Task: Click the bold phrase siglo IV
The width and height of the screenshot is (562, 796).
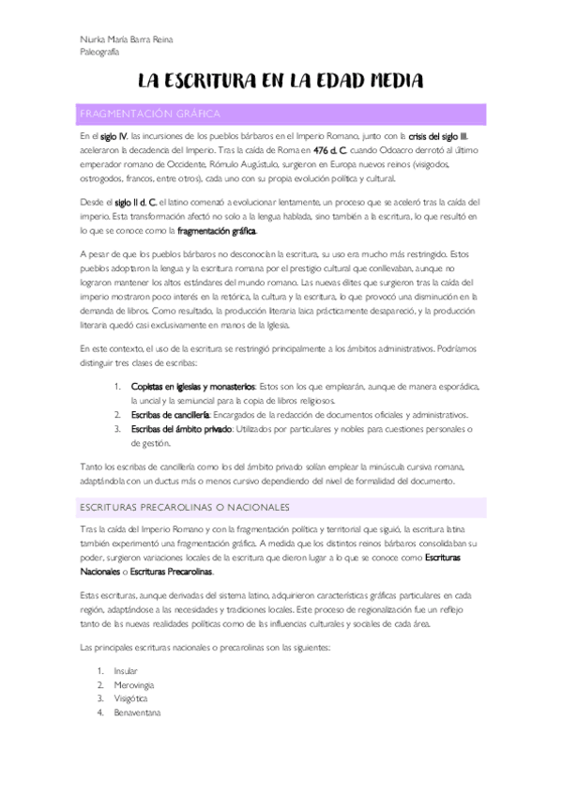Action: pyautogui.click(x=113, y=136)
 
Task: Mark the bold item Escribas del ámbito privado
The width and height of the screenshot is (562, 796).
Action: pyautogui.click(x=182, y=428)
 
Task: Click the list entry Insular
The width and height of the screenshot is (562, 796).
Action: pyautogui.click(x=125, y=671)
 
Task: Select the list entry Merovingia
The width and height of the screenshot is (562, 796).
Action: pyautogui.click(x=133, y=685)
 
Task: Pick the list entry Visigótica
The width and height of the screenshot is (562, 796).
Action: pyautogui.click(x=131, y=699)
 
